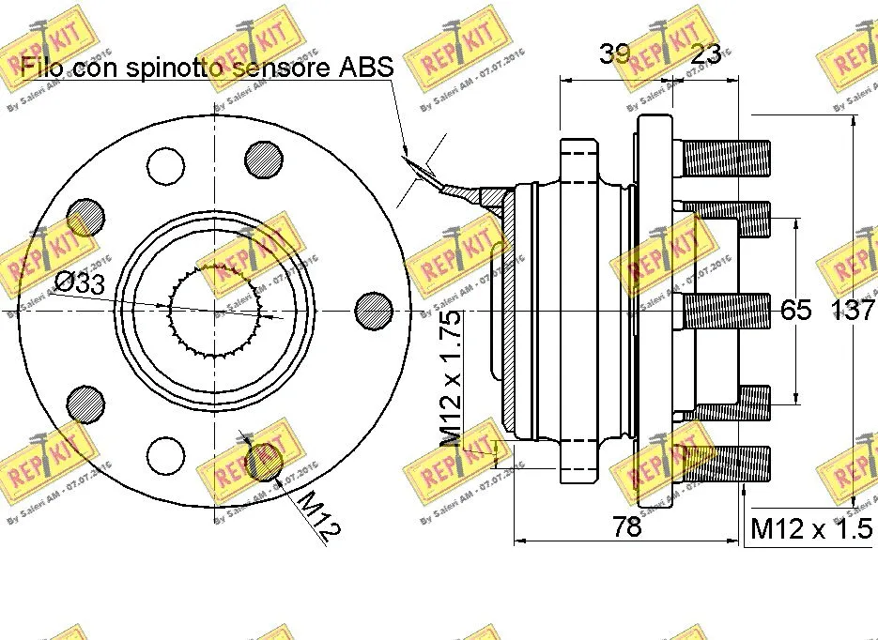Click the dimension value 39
615,54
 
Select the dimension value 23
705,54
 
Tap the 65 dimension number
796,310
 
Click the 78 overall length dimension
626,526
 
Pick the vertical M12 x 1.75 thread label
451,380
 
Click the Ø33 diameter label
79,283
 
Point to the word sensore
270,68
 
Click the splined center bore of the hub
215,310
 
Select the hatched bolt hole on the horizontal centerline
374,310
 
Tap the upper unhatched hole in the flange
166,165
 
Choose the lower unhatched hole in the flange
166,454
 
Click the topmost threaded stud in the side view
725,158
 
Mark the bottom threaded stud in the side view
725,464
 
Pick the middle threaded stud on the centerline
725,311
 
